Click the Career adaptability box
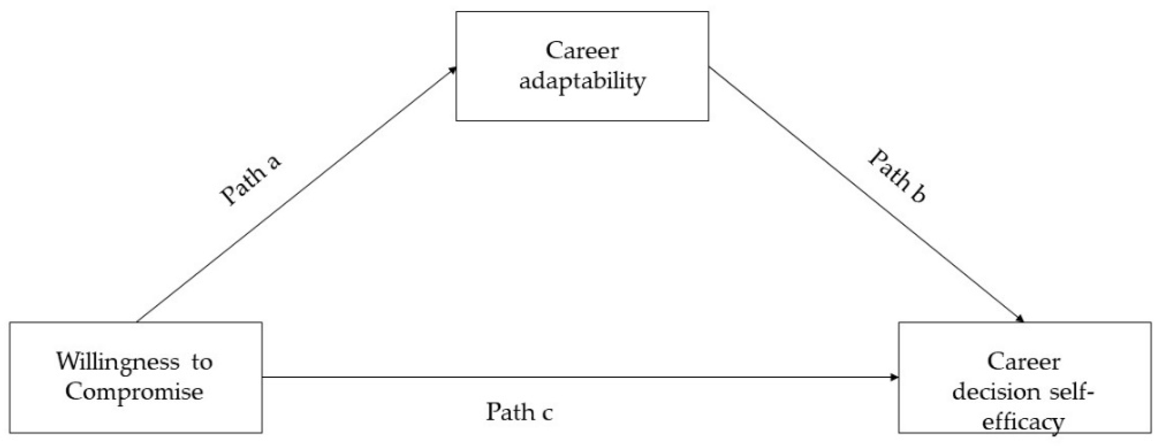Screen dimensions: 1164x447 coord(582,66)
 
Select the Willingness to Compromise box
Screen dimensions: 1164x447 coord(135,377)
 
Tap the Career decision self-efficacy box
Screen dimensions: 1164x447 coord(1024,377)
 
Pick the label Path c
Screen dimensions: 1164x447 coord(519,412)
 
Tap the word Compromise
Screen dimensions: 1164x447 coord(134,392)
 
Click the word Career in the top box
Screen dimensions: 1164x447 coord(582,51)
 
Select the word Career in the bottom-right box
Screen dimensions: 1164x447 coord(1023,362)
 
